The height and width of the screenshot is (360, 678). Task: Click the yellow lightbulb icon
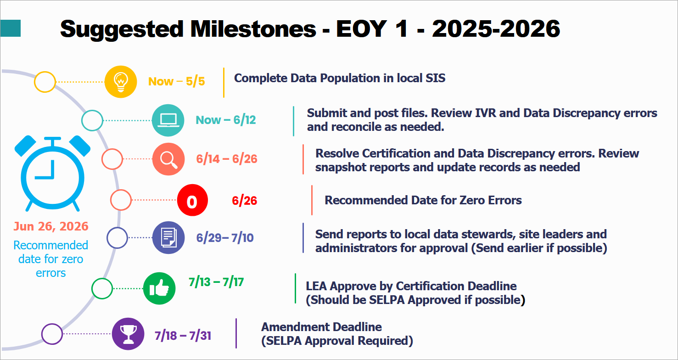click(121, 82)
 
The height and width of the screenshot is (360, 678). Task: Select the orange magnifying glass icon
click(168, 159)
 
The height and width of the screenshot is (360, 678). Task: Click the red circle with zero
click(192, 201)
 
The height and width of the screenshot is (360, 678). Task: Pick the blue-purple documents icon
click(168, 238)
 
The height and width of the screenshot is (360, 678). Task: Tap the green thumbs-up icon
click(159, 289)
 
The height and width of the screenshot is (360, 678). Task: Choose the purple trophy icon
click(128, 334)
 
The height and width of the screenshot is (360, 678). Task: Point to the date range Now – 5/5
click(176, 82)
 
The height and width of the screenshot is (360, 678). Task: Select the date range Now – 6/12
click(226, 120)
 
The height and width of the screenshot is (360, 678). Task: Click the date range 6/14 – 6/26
click(227, 159)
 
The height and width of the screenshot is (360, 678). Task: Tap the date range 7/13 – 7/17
click(216, 281)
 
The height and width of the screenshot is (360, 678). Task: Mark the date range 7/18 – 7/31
click(183, 336)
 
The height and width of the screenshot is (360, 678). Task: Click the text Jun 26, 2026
click(51, 226)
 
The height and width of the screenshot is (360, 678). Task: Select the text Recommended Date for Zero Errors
click(423, 200)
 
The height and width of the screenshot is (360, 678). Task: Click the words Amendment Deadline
click(321, 327)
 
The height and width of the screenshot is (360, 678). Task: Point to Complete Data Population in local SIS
click(340, 78)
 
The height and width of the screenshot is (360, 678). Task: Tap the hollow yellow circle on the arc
click(45, 82)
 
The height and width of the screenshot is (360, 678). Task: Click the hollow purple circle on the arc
click(52, 334)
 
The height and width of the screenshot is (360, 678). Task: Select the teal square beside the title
click(10, 28)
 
